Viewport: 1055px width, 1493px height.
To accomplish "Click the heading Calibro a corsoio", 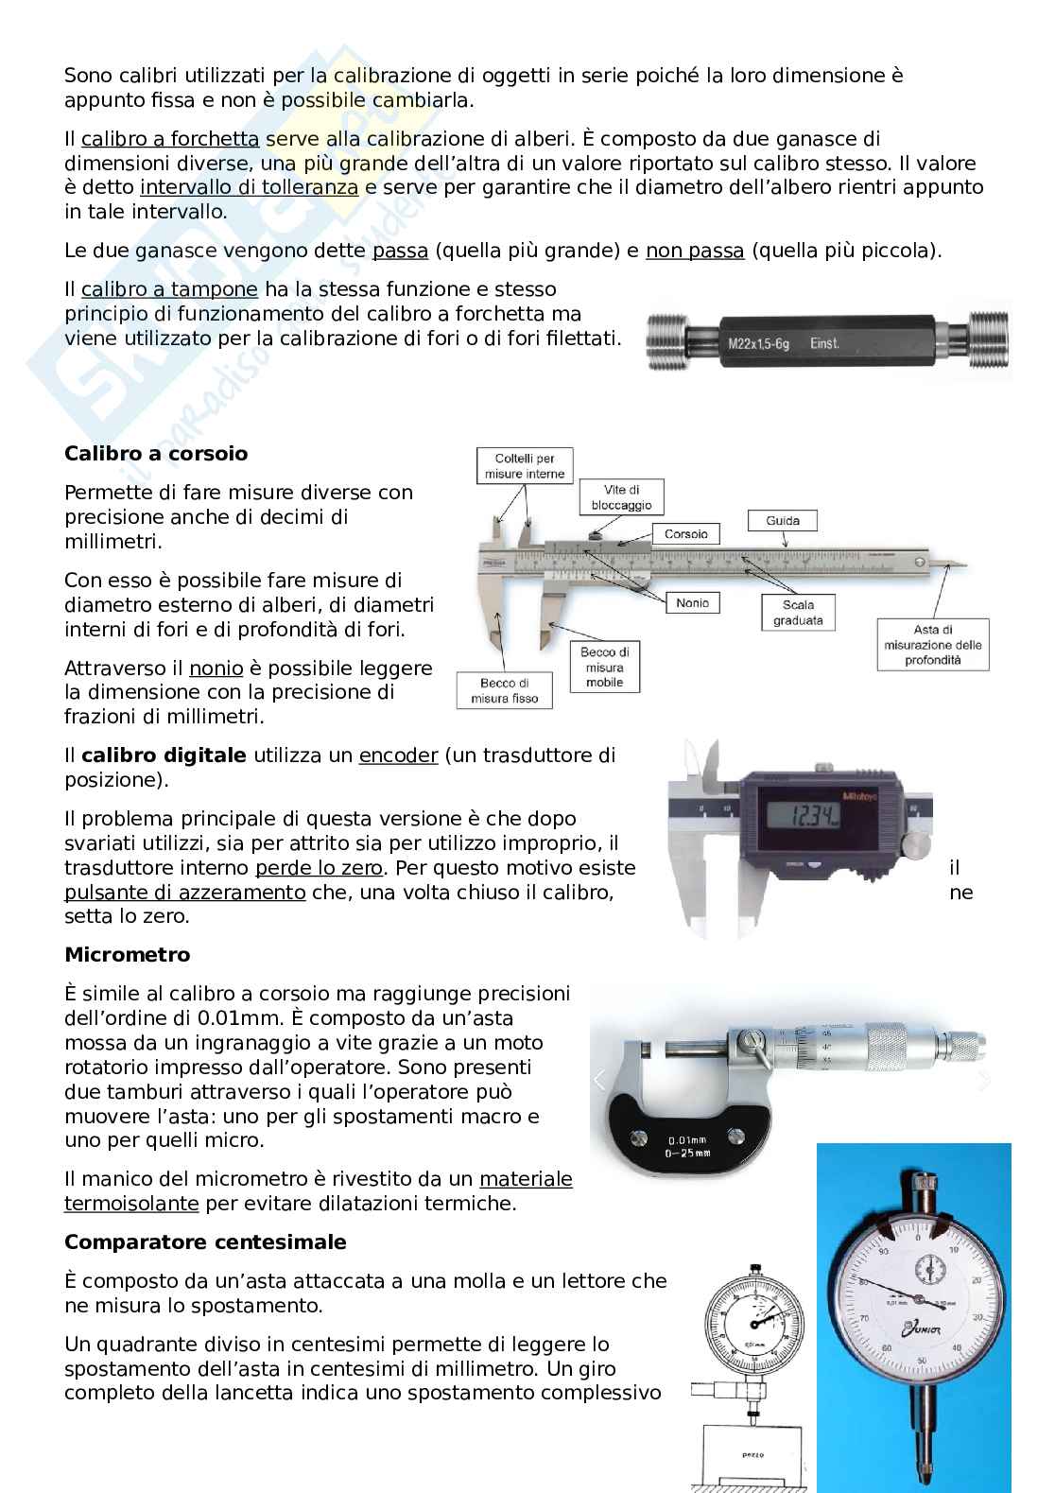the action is coord(156,453).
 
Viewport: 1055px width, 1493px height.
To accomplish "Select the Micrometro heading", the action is coord(128,954).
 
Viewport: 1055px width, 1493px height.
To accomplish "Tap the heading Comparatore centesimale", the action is coord(205,1241).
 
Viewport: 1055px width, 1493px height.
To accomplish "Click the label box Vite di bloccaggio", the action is coord(621,497).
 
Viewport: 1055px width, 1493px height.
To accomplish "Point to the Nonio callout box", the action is coord(692,602).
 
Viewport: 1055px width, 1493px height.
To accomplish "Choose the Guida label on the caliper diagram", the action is coord(783,521).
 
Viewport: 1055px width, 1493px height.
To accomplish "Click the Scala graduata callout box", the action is coord(798,613).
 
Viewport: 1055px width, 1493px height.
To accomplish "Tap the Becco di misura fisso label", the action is coord(505,690).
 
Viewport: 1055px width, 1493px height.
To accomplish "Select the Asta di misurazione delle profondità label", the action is coord(933,645).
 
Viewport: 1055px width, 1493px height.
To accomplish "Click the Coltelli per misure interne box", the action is coord(525,466).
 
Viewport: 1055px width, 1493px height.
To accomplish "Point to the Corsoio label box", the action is coord(685,534).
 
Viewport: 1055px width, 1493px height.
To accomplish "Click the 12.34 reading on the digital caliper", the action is coord(813,815).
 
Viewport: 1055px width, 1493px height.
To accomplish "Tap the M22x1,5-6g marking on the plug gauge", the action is coord(758,343).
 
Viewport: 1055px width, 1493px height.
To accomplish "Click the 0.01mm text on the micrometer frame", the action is coord(687,1139).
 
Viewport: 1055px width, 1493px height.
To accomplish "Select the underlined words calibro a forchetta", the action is coord(170,139).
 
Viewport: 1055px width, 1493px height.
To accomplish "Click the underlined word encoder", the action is coord(399,755).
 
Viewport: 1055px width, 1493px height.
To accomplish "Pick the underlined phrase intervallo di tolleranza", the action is coord(250,187).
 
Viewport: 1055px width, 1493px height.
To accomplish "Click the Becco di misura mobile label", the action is coord(604,668).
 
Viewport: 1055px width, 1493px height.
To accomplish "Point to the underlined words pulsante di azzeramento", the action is coord(185,892).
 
